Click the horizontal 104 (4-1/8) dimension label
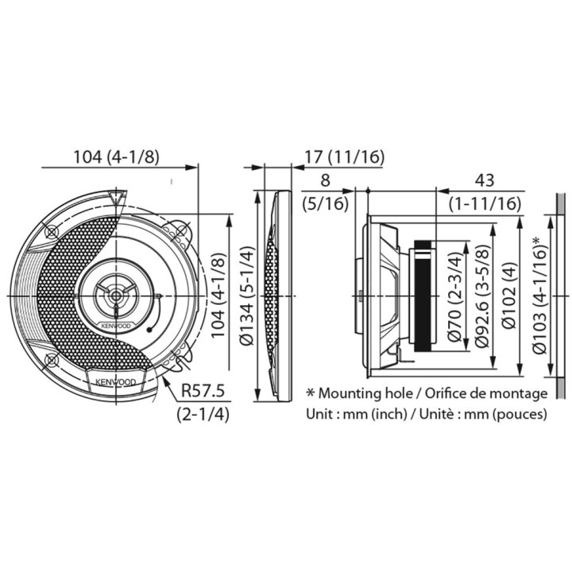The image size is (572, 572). point(116,157)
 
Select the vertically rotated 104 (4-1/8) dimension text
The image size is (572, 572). point(218,295)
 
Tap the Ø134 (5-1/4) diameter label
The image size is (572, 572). point(247,295)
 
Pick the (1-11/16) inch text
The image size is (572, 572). point(484,204)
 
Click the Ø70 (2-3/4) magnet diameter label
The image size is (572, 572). point(454,296)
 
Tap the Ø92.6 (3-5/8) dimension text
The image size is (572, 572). point(481,296)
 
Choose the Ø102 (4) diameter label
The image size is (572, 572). point(509,296)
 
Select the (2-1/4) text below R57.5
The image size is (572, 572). point(203,414)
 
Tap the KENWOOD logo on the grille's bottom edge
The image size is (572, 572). point(115,381)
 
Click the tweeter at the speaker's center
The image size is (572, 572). point(116,296)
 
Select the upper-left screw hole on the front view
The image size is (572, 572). point(52,232)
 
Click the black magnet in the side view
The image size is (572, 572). point(425,296)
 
